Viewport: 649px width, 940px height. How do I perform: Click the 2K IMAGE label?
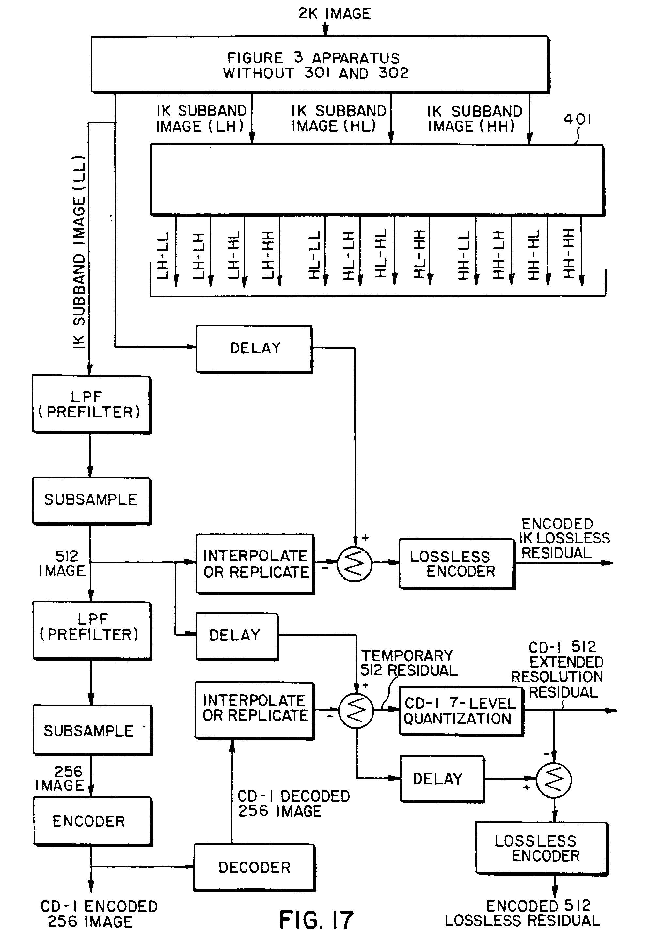[x=334, y=14]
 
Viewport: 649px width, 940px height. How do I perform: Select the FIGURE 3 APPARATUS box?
[x=320, y=65]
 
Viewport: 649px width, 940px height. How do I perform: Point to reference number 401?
[x=577, y=120]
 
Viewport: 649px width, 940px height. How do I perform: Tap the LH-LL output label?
[x=163, y=255]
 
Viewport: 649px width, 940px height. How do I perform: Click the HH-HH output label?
[x=568, y=254]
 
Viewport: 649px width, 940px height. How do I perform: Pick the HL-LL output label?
[x=314, y=255]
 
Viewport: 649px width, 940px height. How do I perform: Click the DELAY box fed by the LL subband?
[x=255, y=348]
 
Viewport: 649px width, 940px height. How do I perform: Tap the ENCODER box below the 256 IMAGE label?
[x=92, y=821]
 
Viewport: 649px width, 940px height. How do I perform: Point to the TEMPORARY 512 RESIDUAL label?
[x=408, y=663]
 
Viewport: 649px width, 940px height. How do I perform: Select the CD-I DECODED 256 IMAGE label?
[x=293, y=803]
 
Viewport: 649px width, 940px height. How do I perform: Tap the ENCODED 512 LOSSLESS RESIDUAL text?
[x=523, y=913]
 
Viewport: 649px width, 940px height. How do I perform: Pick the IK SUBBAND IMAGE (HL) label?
[x=338, y=118]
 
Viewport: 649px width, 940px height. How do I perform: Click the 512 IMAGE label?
[x=63, y=563]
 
